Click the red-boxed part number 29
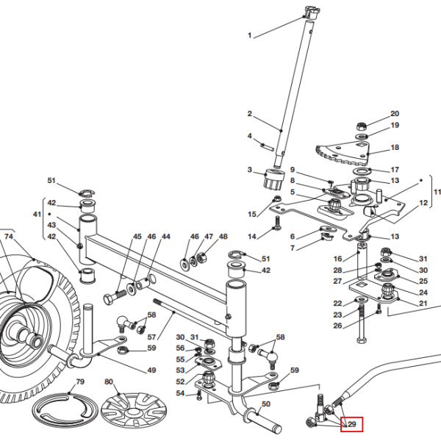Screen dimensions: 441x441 (x=352, y=424)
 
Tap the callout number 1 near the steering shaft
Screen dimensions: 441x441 (x=249, y=36)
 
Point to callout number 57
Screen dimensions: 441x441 (x=151, y=337)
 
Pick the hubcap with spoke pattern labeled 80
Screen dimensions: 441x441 (x=134, y=410)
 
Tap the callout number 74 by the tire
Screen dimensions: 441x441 (x=9, y=237)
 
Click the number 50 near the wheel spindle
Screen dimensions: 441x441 (x=266, y=404)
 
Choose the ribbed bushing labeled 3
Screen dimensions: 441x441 (x=274, y=179)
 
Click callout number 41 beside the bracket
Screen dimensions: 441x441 (x=37, y=215)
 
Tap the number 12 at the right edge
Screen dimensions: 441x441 (x=423, y=203)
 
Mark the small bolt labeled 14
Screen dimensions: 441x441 (x=277, y=224)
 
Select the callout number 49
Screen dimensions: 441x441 (x=151, y=370)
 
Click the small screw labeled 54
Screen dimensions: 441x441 (x=199, y=396)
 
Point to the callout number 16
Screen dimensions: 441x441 (x=337, y=259)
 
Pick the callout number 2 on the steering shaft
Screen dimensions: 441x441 (x=249, y=114)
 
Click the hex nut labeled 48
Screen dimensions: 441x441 (x=201, y=257)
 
